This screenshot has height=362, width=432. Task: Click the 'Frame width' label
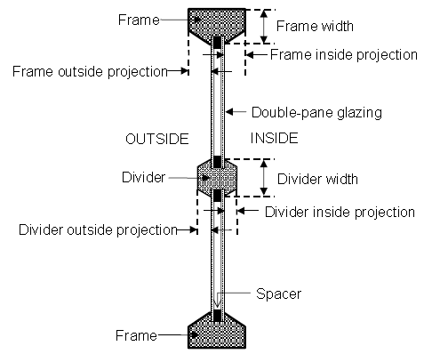pos(315,26)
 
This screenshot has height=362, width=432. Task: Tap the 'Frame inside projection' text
pos(344,55)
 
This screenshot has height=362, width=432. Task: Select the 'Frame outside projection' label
pos(90,72)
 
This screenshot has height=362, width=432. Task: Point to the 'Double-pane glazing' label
pos(316,113)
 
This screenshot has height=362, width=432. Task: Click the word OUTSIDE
pos(157,139)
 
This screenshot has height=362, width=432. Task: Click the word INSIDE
pos(274,138)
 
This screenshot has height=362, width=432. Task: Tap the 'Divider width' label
pos(317,179)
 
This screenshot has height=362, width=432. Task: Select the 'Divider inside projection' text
pos(340,212)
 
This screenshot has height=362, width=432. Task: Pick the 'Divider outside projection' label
pos(98,229)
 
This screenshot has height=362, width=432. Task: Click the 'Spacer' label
pos(278,294)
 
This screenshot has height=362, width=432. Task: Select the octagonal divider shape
pos(217,178)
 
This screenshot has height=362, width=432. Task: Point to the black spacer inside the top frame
pos(217,42)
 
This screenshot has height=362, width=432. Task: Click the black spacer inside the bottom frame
pos(217,316)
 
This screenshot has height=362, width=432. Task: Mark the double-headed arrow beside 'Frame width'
pos(264,27)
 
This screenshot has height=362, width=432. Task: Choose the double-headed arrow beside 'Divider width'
pos(264,178)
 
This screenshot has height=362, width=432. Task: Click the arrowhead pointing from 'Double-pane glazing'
pos(229,112)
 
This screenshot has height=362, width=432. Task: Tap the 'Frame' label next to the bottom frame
pos(136,335)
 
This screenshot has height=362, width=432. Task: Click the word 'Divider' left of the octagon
pos(143,177)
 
